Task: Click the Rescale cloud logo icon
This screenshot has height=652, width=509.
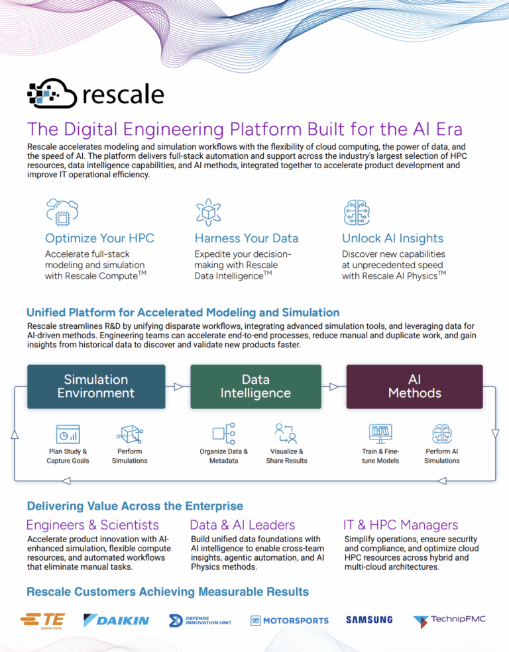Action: pyautogui.click(x=52, y=94)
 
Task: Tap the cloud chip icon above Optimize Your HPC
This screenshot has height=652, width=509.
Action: pyautogui.click(x=62, y=211)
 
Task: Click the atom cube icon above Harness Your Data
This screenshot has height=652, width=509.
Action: pyautogui.click(x=208, y=211)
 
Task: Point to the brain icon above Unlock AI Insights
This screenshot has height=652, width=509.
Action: pyautogui.click(x=356, y=211)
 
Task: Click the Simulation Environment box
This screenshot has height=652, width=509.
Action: pyautogui.click(x=96, y=387)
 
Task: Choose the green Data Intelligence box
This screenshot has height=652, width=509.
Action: pyautogui.click(x=255, y=387)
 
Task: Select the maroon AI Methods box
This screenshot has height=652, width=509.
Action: pyautogui.click(x=414, y=387)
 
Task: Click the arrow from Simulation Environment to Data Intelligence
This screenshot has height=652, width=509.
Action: pyautogui.click(x=178, y=387)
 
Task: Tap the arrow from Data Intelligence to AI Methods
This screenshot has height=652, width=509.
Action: pyautogui.click(x=334, y=387)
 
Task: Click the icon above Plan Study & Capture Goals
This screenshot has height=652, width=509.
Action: pyautogui.click(x=68, y=434)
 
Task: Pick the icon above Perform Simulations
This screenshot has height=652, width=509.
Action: pyautogui.click(x=129, y=434)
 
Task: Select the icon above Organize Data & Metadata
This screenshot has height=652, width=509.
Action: pyautogui.click(x=223, y=434)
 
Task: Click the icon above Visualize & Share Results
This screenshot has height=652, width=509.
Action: pyautogui.click(x=286, y=434)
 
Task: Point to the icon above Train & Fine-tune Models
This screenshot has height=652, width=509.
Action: pyautogui.click(x=380, y=434)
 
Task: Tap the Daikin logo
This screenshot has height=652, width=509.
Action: pyautogui.click(x=116, y=620)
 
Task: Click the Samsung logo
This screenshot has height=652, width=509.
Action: pyautogui.click(x=369, y=620)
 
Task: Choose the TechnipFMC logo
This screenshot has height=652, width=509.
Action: pyautogui.click(x=449, y=620)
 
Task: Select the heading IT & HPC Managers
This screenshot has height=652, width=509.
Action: pyautogui.click(x=400, y=525)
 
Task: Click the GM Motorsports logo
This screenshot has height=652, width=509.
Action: pyautogui.click(x=290, y=620)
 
